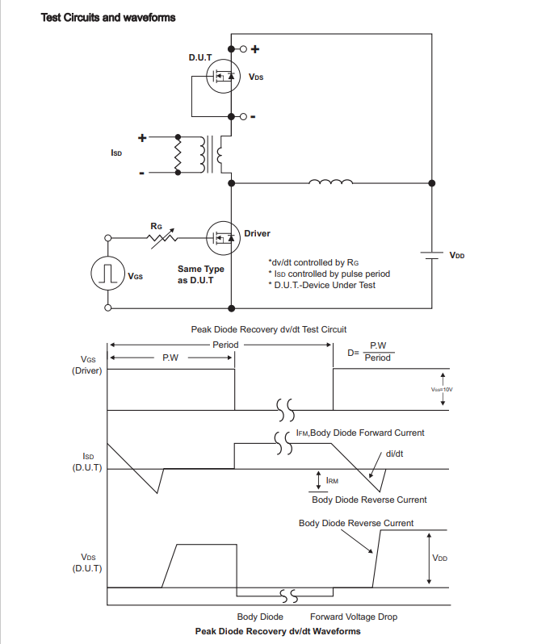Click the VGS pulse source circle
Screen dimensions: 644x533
coord(107,274)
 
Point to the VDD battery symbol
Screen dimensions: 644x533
coord(430,255)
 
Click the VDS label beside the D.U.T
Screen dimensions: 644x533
coord(256,78)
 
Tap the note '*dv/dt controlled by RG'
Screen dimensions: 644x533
coord(312,262)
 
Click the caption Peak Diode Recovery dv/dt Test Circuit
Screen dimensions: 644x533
coord(268,329)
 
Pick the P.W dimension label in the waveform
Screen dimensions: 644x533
coord(170,358)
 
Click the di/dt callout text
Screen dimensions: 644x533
coord(395,454)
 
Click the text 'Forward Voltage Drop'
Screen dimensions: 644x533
coord(353,617)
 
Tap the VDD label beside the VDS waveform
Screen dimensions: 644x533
coord(440,558)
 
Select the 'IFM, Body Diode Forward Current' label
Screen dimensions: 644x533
coord(360,433)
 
